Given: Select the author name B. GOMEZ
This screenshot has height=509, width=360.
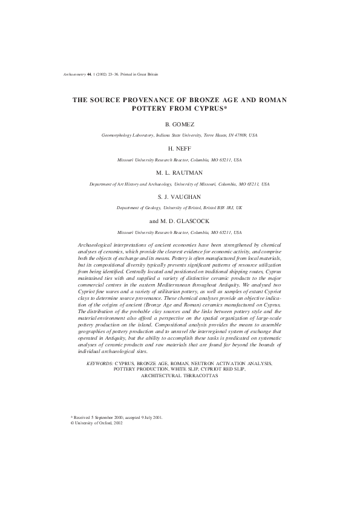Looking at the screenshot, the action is pos(180,124).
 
